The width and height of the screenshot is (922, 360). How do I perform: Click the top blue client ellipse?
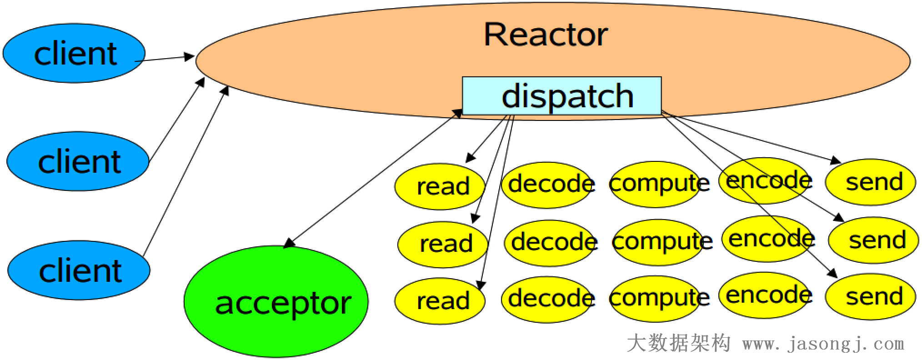pos(74,53)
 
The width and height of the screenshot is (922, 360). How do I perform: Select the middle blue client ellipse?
pos(78,161)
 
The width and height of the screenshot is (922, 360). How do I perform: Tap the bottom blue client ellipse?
pos(79,270)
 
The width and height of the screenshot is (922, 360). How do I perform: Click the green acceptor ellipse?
pos(276,302)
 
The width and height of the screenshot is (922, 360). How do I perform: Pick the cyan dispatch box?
pos(561,95)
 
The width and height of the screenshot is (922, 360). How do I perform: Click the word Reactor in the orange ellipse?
pos(546,35)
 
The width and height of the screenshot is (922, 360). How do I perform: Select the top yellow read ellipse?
pos(440,186)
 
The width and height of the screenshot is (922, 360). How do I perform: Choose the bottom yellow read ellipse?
pos(440,300)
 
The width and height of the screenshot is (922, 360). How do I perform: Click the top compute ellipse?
pos(655,184)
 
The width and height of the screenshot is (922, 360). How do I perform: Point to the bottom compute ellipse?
pos(655,299)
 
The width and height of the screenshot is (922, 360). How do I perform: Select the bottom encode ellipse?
pos(766,295)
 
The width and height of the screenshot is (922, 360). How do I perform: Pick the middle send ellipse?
pos(874,240)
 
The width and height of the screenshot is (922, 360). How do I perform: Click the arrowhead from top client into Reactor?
pos(190,57)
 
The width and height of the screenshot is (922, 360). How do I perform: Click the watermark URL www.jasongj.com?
pos(823,344)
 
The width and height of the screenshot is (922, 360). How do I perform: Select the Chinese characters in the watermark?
pos(678,343)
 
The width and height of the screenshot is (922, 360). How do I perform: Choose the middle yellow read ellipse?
pos(443,244)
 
